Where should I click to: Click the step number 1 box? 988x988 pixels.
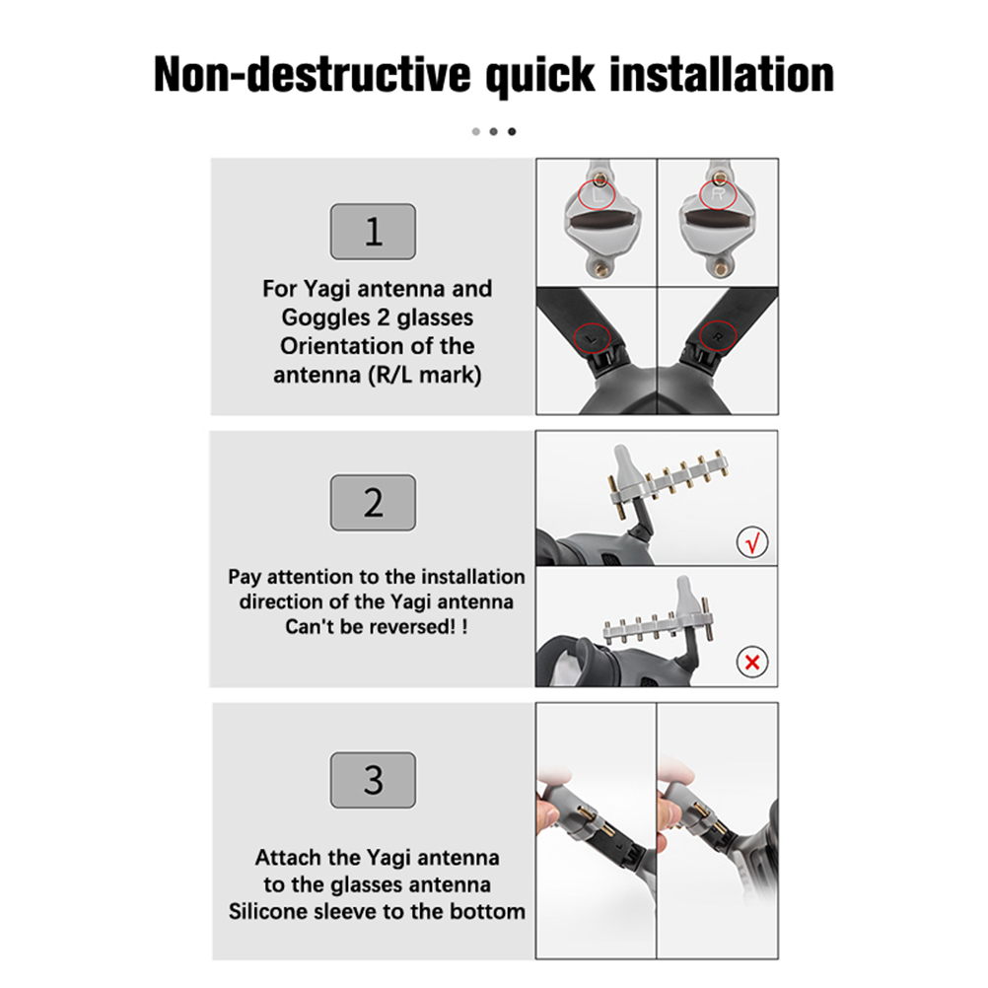click(373, 232)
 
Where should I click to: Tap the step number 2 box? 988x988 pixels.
click(373, 502)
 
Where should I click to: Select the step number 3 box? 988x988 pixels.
click(373, 779)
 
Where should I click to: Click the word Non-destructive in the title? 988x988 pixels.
click(313, 74)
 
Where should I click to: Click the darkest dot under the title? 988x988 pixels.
click(512, 131)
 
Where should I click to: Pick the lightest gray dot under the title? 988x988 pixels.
click(475, 131)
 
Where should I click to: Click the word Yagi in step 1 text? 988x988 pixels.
click(327, 289)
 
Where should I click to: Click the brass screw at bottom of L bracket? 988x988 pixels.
click(598, 270)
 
